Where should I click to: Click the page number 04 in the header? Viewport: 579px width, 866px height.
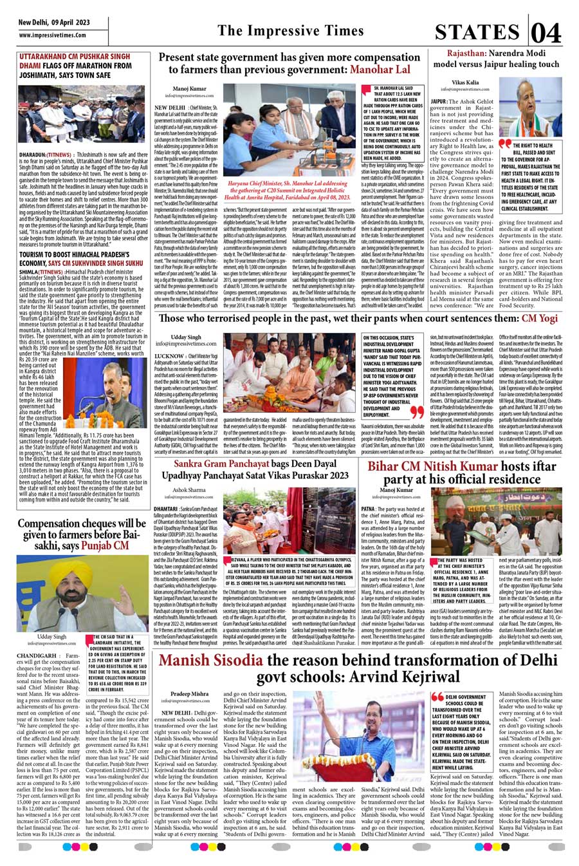(x=547, y=32)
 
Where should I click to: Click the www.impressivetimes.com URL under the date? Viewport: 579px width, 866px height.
(x=53, y=35)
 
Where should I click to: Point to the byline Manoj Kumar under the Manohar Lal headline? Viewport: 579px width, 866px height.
(x=189, y=88)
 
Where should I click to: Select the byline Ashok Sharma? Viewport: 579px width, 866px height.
(x=189, y=490)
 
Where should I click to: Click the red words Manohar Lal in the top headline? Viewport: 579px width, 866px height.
(x=380, y=69)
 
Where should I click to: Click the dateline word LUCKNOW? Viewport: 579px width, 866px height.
(x=167, y=356)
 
